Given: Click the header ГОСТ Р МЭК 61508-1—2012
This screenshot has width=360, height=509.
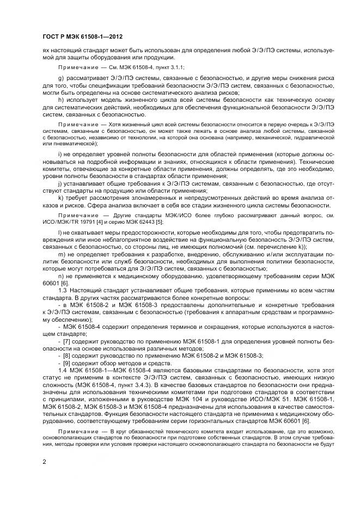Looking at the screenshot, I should point(82,37).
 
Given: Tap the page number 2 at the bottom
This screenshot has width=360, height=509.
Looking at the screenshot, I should point(44,462).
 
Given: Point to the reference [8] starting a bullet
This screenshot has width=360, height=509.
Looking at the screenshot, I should point(67,355).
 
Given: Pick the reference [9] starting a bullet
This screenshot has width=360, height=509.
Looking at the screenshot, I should point(67,363).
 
